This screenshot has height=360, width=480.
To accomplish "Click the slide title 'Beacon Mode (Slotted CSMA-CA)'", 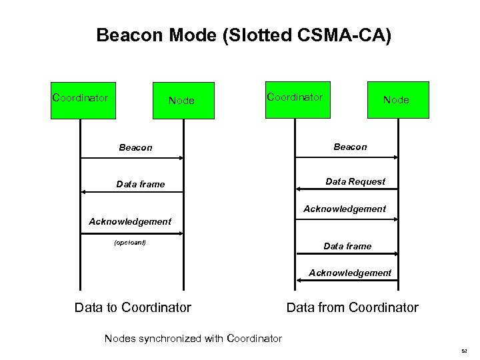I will (244, 35).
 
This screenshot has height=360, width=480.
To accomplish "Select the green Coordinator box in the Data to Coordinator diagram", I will (81, 99).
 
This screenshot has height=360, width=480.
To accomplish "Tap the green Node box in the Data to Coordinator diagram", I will (183, 101).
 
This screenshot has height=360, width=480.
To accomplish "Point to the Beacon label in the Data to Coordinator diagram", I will (135, 147).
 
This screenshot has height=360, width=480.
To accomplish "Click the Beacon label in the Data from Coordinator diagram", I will (350, 147).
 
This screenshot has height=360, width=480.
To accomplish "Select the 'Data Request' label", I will (355, 181).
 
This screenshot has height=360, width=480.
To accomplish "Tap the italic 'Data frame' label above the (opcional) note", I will (140, 184).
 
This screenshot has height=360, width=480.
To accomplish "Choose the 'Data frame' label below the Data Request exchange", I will (347, 246).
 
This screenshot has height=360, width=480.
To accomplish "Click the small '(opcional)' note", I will (130, 242).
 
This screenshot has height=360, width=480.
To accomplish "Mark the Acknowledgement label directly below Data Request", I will (345, 209).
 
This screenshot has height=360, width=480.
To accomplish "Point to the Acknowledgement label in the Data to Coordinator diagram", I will (130, 221).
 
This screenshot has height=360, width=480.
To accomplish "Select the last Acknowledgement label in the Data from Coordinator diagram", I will (350, 273).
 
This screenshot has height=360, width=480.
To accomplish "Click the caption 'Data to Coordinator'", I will (133, 307).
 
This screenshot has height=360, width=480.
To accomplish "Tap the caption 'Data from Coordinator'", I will (352, 307).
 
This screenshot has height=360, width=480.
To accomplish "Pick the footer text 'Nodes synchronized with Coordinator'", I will (193, 338).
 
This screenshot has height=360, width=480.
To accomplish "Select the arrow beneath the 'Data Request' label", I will (347, 189).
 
